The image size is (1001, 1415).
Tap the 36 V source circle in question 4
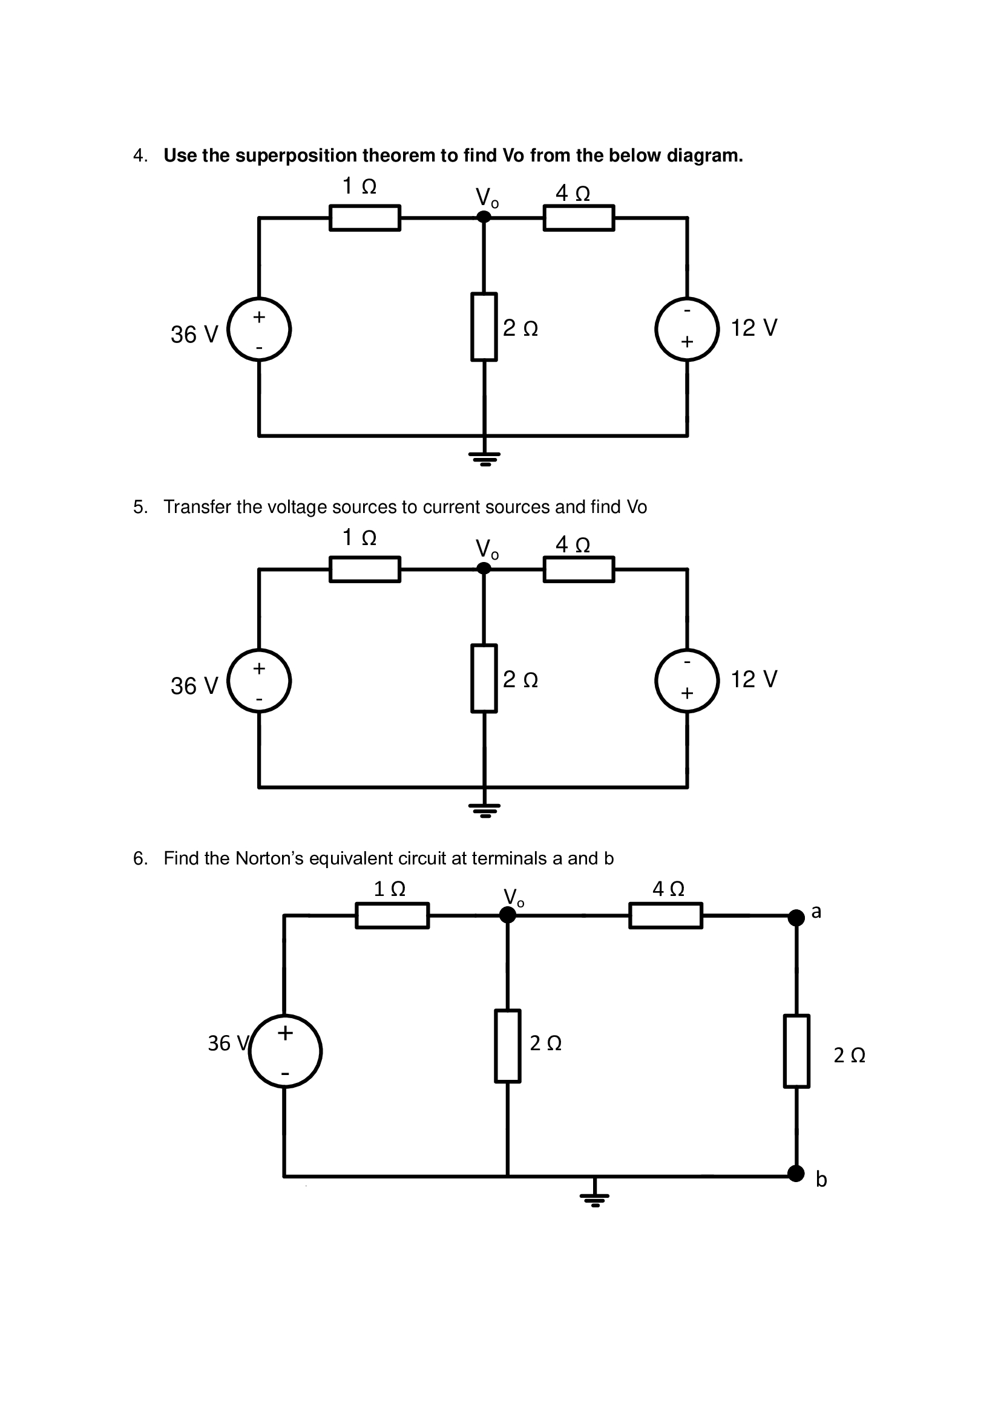[x=259, y=330]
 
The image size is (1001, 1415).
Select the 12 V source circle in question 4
[x=687, y=329]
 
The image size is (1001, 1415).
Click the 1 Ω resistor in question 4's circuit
[x=364, y=218]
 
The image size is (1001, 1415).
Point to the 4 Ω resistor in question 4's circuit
[x=578, y=218]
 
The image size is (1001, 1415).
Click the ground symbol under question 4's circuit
[x=485, y=458]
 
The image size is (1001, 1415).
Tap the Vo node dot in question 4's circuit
[x=484, y=217]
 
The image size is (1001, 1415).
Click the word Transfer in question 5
[x=197, y=507]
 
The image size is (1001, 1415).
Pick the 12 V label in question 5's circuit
[x=753, y=679]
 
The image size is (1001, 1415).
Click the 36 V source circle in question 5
[x=259, y=681]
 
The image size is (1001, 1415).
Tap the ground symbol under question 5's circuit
[x=485, y=809]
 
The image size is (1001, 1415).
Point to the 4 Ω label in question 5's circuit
[x=573, y=545]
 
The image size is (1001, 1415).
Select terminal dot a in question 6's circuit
[x=796, y=918]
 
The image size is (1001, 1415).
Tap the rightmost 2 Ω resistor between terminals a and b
[x=796, y=1051]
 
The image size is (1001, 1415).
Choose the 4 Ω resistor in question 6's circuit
[x=665, y=916]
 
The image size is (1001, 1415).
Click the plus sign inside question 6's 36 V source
[x=285, y=1033]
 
